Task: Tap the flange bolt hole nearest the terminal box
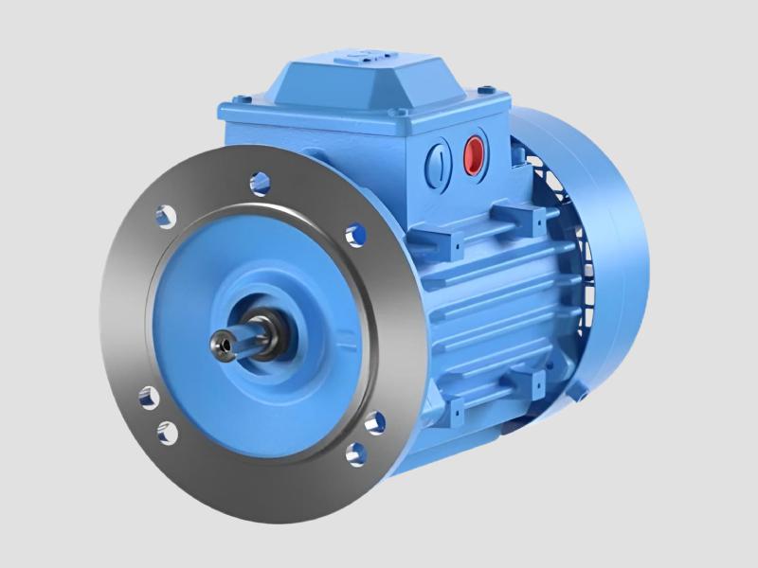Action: click(x=353, y=231)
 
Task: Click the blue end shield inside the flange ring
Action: click(x=227, y=275)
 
